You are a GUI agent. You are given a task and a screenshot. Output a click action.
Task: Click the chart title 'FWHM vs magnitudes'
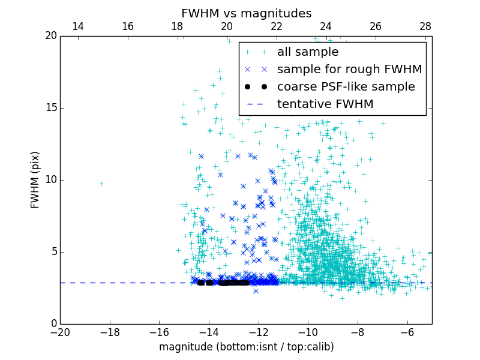click(x=246, y=13)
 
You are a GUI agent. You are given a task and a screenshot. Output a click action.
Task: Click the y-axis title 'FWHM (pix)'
click(x=35, y=179)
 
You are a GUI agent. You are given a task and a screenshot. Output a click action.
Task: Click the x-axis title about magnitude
click(x=246, y=347)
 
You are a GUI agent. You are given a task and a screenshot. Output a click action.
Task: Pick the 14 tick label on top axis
click(x=77, y=26)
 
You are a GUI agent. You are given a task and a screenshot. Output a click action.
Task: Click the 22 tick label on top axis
click(x=276, y=26)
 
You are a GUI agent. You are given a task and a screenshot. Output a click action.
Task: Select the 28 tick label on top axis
click(x=425, y=26)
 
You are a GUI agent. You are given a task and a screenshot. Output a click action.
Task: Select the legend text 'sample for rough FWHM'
click(x=349, y=70)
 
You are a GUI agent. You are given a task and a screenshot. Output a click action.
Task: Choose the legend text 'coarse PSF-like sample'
click(x=346, y=87)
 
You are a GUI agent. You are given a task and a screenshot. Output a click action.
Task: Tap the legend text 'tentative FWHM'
click(x=325, y=104)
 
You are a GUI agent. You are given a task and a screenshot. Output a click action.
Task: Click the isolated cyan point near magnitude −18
click(x=101, y=184)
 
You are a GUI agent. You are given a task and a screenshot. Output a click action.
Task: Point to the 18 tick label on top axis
click(x=177, y=26)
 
